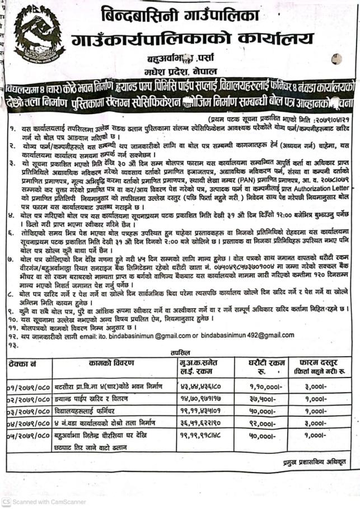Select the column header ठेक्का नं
click(x=20, y=364)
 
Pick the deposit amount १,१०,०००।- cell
click(x=262, y=386)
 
